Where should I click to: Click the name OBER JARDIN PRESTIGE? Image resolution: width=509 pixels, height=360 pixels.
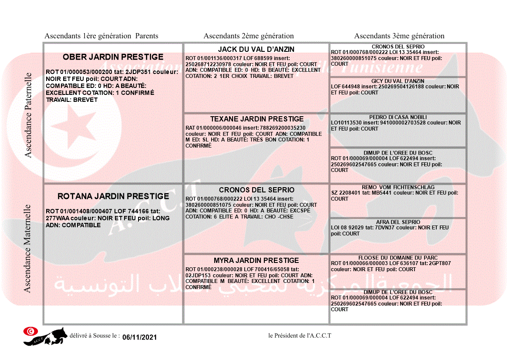113,57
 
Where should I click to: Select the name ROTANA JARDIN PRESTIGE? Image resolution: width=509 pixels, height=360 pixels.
113,196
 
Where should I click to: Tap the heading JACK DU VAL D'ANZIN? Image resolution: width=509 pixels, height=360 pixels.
256,49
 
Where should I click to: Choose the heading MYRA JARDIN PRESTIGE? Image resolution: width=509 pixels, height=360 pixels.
256,260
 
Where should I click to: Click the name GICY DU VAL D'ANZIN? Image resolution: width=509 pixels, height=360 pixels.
398,81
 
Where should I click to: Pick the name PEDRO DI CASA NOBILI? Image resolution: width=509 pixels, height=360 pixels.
398,117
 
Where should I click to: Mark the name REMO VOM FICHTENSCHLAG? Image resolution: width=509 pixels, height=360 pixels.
398,187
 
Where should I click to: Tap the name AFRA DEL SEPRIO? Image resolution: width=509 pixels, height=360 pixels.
398,222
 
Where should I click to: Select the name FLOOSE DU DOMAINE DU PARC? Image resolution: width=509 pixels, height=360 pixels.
398,258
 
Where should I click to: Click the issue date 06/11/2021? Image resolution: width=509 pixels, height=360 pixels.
139,337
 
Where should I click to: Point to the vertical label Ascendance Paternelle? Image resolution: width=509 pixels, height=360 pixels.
28,115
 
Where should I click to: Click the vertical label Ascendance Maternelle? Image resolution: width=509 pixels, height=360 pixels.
27,249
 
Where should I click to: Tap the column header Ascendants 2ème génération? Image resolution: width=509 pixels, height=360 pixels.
249,36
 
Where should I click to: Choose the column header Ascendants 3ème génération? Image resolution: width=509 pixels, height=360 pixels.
399,36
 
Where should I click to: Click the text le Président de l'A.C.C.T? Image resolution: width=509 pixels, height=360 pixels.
300,335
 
